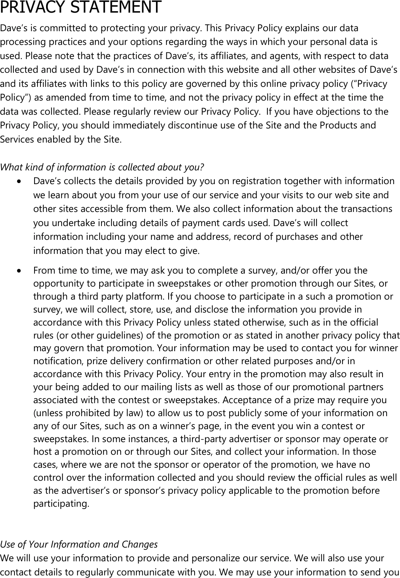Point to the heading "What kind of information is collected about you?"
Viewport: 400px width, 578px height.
pos(102,167)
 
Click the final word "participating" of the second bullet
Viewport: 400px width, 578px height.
pos(61,504)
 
